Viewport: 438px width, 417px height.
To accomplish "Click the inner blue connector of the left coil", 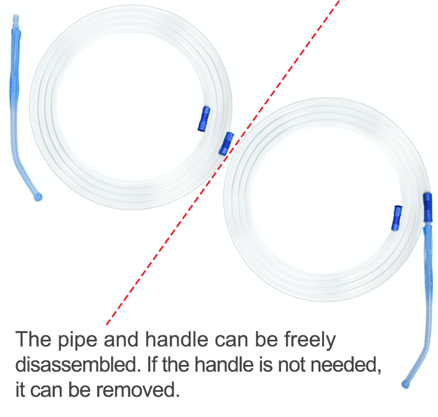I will [203, 119].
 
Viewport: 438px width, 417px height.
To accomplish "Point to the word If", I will [152, 364].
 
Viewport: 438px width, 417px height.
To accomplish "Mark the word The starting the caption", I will [34, 339].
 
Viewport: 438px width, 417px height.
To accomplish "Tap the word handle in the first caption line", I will [177, 339].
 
